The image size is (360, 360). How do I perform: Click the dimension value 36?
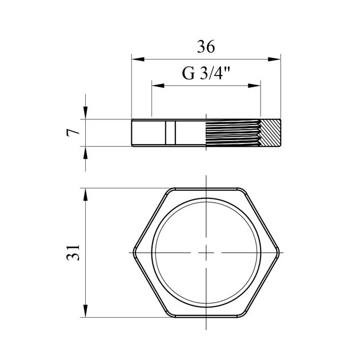(206, 47)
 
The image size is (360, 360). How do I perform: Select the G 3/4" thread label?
(206, 73)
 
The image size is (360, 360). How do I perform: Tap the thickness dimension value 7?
(73, 133)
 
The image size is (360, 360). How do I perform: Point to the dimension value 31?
(73, 253)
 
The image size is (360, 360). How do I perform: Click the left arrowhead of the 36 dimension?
(138, 59)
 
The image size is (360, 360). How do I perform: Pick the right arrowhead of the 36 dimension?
(274, 59)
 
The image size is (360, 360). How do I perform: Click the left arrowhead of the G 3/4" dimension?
(158, 86)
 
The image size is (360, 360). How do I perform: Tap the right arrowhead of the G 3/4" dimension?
(254, 86)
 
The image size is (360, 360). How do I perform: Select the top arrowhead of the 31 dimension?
(85, 194)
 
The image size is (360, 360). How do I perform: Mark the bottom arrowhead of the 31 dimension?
(85, 311)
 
